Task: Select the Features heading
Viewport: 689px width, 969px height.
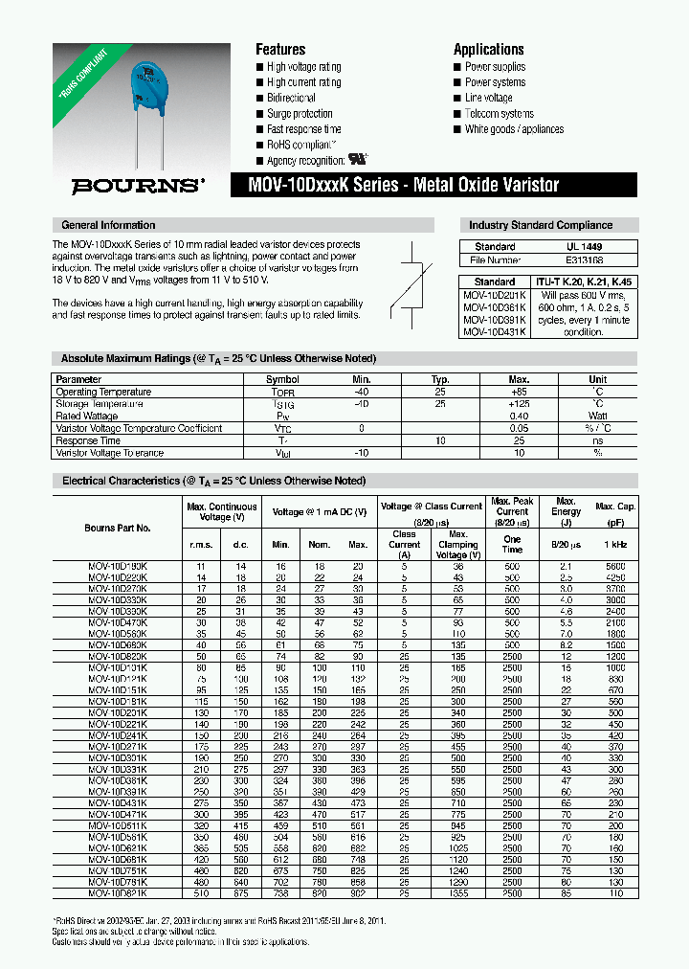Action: (x=280, y=49)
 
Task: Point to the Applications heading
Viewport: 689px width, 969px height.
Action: (x=488, y=49)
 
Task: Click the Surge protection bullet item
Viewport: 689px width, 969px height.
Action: (x=300, y=114)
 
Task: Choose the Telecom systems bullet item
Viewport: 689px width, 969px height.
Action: (x=499, y=114)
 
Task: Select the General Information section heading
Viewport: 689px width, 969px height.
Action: (x=108, y=225)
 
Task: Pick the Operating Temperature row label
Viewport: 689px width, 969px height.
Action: (x=103, y=392)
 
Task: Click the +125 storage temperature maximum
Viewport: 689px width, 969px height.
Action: (x=519, y=404)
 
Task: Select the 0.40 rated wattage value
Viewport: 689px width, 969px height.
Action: (x=519, y=417)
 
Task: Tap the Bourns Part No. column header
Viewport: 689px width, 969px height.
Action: (x=118, y=528)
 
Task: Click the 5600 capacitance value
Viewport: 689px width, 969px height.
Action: (x=614, y=567)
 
